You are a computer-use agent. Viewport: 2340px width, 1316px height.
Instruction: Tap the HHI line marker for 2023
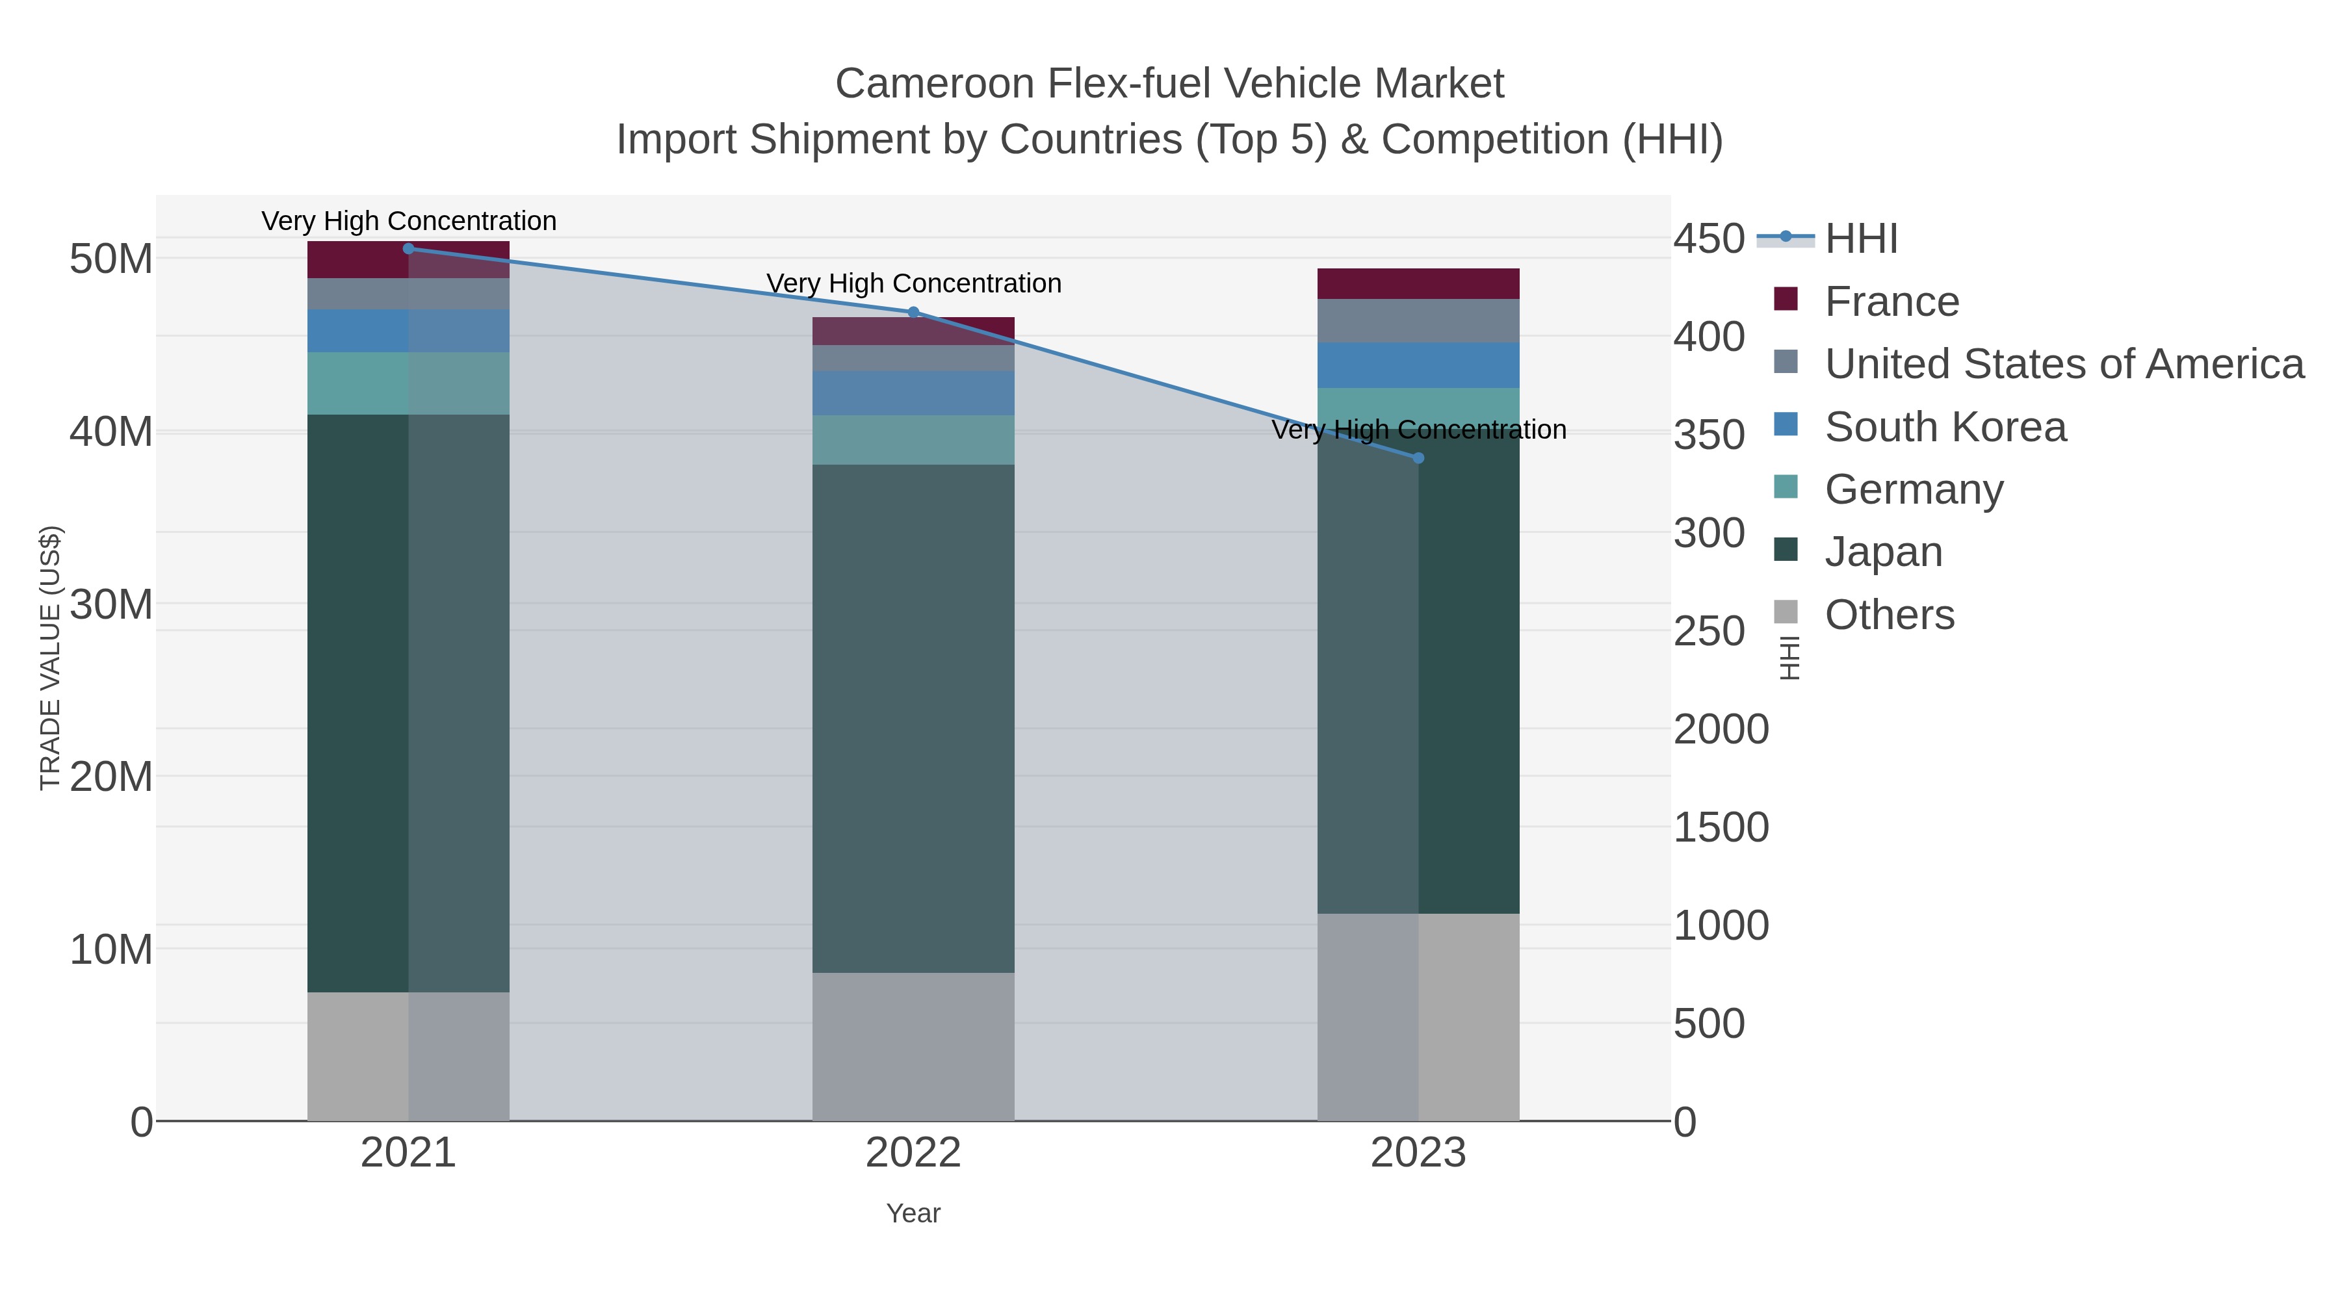coord(1418,458)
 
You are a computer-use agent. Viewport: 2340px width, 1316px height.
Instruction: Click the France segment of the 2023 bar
coord(1418,283)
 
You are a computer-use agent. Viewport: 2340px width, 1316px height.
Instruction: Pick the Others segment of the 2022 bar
coord(913,1046)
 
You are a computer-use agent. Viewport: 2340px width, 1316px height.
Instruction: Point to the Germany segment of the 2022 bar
coord(913,439)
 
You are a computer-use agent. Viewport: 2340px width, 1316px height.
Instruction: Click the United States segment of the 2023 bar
coord(1418,320)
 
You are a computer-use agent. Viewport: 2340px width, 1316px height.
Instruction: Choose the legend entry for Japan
coord(1883,552)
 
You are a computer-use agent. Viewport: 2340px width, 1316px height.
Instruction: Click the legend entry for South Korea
coord(1945,427)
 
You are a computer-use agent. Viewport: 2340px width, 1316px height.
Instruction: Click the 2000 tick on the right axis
coord(1721,729)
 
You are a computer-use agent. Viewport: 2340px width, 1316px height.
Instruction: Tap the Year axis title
coord(913,1213)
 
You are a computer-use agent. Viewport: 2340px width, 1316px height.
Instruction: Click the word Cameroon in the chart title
coord(934,84)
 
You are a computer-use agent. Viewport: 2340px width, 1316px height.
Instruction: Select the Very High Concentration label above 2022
coord(913,283)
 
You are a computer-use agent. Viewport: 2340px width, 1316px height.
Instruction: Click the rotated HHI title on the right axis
coord(1789,658)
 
